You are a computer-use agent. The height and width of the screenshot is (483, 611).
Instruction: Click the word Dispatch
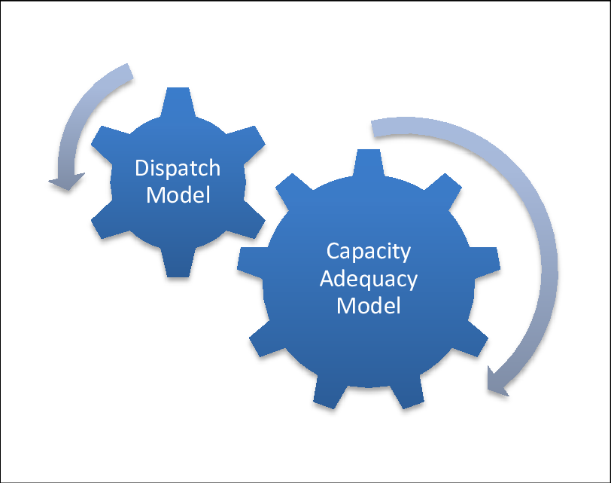(x=178, y=168)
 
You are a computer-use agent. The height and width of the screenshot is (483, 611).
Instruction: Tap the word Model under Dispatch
(x=178, y=195)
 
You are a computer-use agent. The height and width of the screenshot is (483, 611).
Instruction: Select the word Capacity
(x=369, y=251)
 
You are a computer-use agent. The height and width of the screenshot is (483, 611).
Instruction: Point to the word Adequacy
(x=369, y=279)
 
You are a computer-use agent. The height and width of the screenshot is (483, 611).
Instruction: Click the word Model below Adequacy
(x=369, y=306)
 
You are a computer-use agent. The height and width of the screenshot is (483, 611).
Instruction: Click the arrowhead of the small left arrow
(x=66, y=182)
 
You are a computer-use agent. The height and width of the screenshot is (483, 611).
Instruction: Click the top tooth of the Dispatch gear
(x=178, y=99)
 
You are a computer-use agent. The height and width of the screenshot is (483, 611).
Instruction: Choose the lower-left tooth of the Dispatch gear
(x=104, y=225)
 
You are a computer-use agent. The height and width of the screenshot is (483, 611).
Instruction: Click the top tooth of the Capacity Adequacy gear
(x=368, y=161)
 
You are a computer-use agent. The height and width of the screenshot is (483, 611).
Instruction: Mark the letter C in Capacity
(x=332, y=251)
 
